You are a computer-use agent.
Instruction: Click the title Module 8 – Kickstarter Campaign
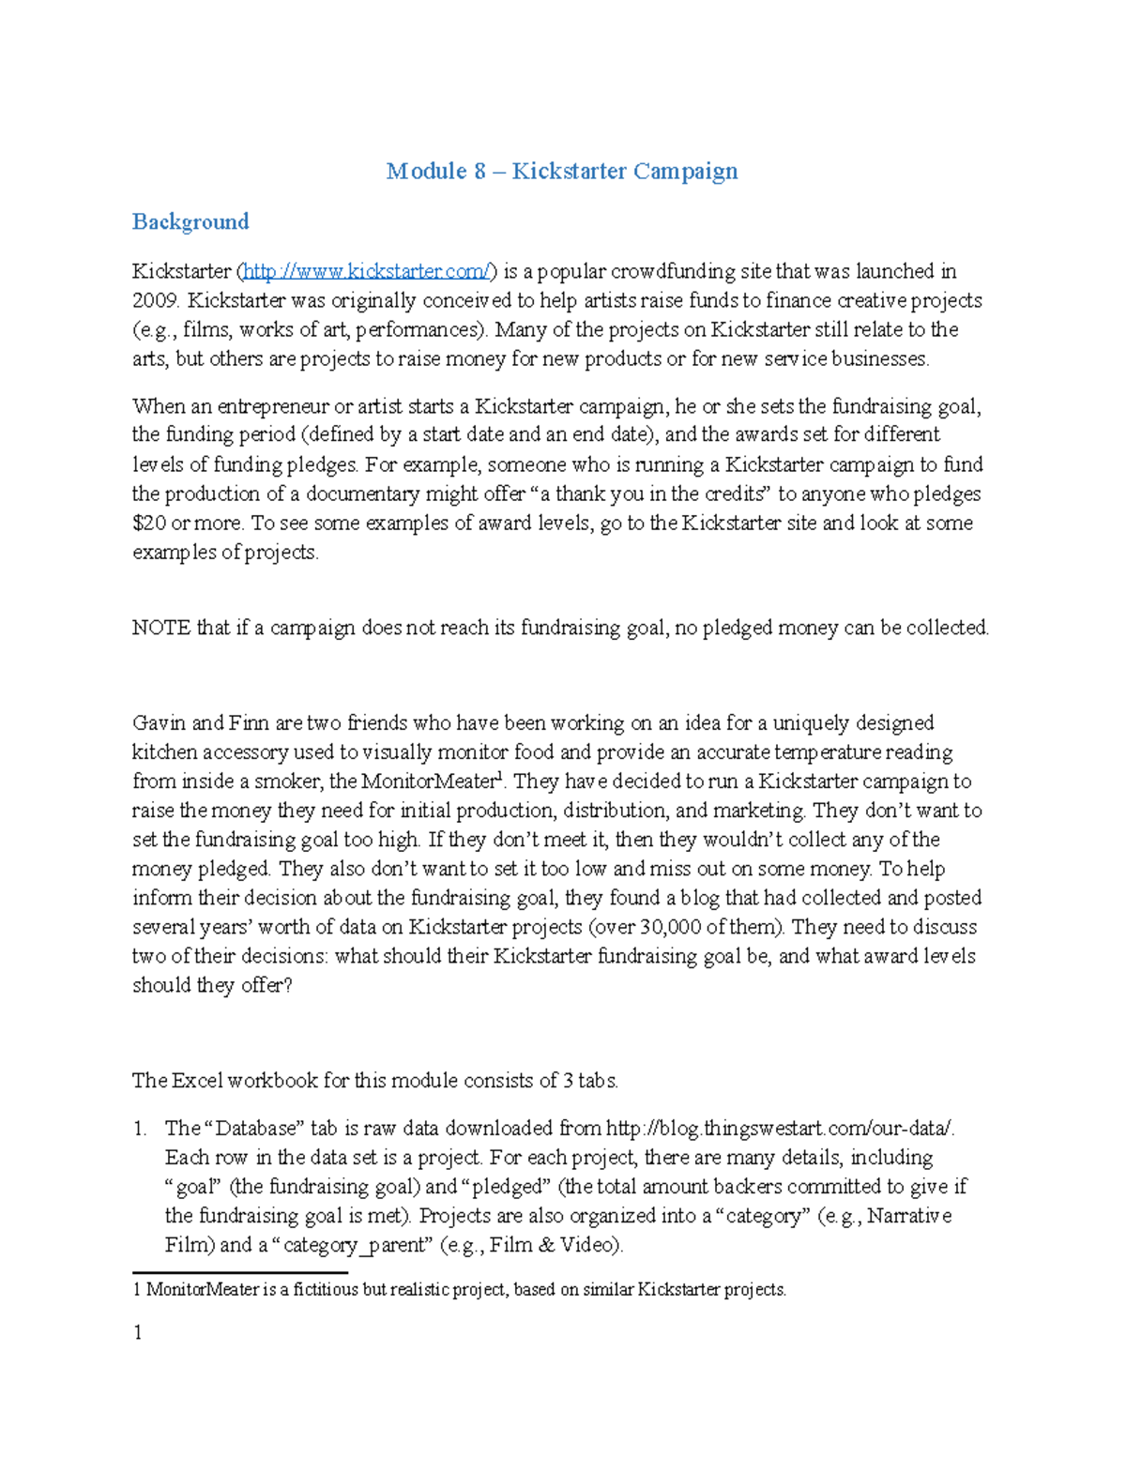[x=562, y=171]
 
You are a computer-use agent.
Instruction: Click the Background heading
[x=190, y=221]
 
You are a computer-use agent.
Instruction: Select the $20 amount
[x=148, y=523]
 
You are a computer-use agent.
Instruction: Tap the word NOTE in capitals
[x=161, y=628]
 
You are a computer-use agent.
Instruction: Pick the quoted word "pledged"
[x=507, y=1186]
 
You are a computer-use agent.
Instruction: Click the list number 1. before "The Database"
[x=140, y=1128]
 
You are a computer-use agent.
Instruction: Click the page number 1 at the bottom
[x=138, y=1332]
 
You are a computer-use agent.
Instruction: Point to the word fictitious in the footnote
[x=326, y=1290]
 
